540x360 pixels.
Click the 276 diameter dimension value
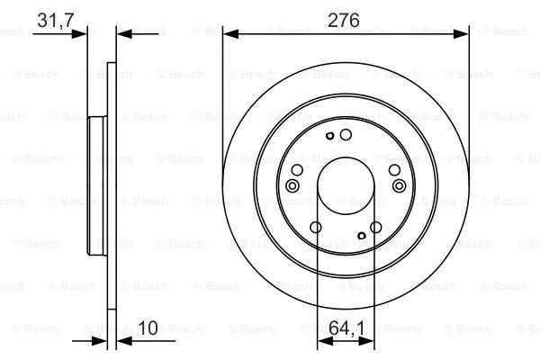[344, 21]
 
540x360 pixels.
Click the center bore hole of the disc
[346, 185]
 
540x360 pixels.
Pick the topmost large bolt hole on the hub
[346, 133]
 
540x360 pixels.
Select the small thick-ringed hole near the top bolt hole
[331, 137]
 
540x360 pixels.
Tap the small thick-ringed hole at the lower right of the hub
[361, 236]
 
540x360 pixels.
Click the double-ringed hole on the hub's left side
[291, 185]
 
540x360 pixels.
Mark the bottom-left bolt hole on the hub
[315, 228]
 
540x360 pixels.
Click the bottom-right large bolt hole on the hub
[376, 228]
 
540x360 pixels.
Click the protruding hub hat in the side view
[95, 185]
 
